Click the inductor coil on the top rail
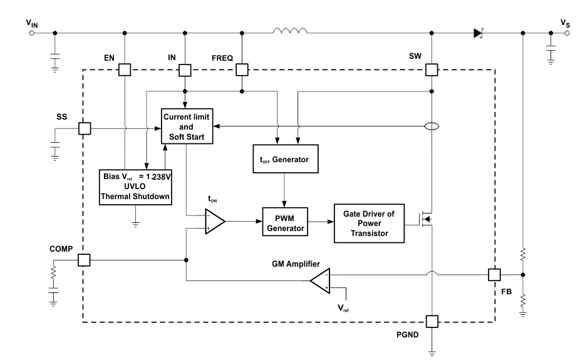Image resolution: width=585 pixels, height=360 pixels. [290, 31]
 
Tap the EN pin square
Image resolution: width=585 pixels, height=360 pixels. [125, 69]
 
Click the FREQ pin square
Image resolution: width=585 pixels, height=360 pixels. [242, 69]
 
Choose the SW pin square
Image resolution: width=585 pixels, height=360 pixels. [432, 69]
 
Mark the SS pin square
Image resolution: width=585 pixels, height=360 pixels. [83, 128]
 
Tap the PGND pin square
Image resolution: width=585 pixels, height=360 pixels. [432, 322]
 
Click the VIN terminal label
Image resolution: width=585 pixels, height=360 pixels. [33, 24]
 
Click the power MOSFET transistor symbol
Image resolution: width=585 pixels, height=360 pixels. [427, 219]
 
